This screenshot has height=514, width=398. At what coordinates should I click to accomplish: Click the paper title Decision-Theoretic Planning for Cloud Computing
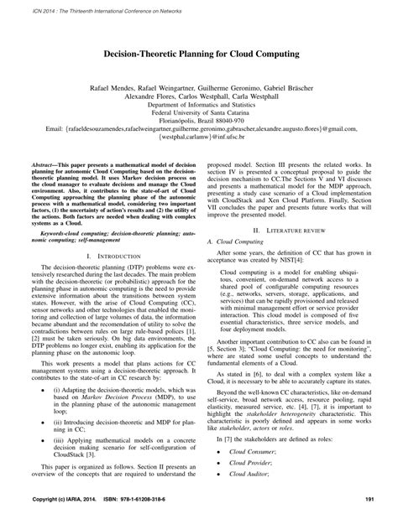point(199,53)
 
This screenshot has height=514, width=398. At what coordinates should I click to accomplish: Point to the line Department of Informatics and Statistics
point(199,106)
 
